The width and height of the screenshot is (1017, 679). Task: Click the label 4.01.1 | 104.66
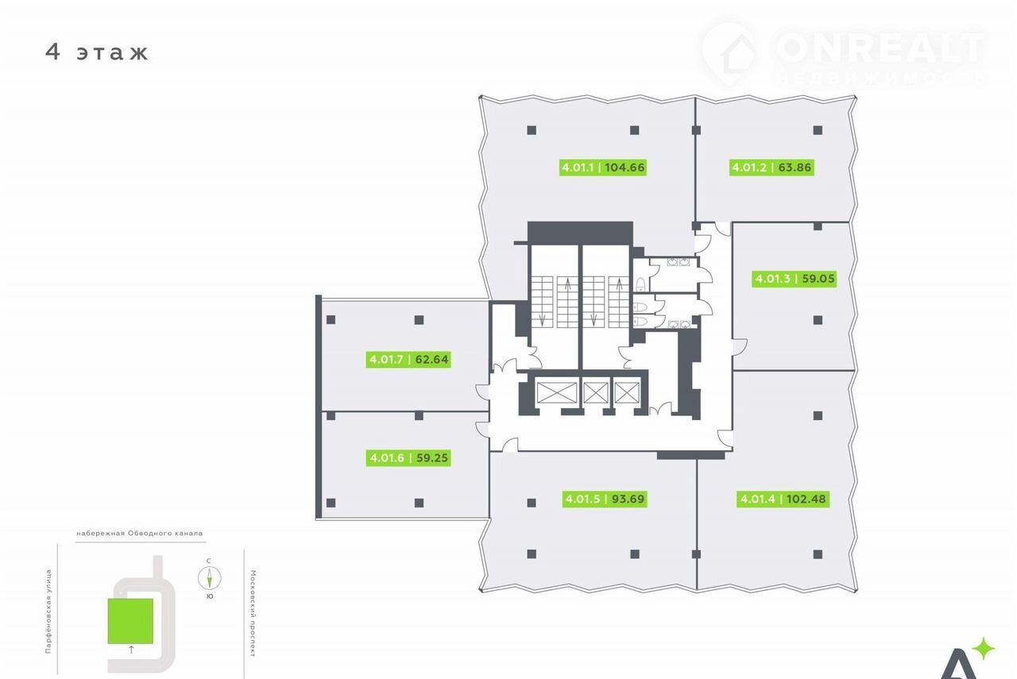602,168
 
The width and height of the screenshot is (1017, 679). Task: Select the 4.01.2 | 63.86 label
771,168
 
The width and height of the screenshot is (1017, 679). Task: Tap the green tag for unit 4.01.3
794,278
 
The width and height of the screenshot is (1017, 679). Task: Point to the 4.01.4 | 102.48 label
783,499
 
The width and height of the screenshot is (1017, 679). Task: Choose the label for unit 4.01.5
605,499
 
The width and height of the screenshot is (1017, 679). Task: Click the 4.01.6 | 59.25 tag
408,457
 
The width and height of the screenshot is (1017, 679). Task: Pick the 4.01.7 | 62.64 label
408,360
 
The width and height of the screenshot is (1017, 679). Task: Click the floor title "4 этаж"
97,52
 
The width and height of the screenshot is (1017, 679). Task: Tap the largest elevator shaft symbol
557,392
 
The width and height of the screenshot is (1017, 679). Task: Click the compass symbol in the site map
209,578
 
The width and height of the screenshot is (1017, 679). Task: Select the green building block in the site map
130,621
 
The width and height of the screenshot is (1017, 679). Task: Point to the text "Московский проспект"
253,613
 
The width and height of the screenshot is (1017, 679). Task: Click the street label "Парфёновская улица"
48,611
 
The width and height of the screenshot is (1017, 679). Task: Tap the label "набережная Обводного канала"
139,534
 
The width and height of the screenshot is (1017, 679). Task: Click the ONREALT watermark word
881,48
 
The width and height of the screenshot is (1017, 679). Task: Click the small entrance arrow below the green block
131,650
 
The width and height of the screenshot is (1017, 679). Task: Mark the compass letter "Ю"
210,596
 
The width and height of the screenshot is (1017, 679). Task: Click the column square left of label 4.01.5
532,503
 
